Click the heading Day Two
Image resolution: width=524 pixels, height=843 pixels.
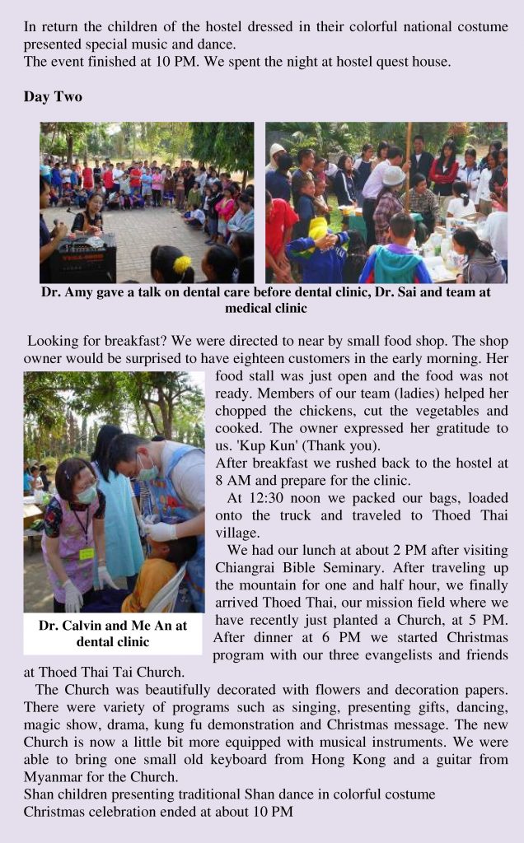53,96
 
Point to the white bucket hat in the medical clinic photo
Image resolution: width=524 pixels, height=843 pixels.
394,175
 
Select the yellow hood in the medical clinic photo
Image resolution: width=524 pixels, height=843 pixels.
317,229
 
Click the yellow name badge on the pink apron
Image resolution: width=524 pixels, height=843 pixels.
86,553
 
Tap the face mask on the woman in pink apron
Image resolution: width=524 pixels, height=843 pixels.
86,495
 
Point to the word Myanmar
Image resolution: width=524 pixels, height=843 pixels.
53,775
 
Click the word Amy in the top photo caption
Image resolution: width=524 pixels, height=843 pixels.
82,291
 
